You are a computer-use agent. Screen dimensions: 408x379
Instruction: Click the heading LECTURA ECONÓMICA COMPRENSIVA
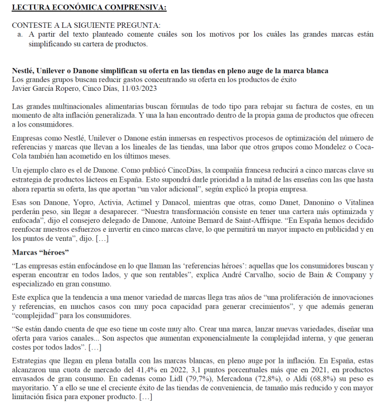[89, 7]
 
